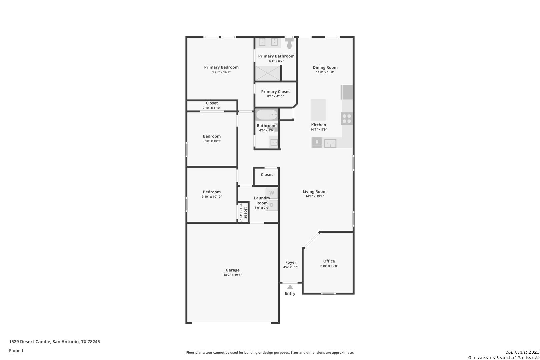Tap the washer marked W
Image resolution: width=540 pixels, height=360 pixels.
[x=272, y=193]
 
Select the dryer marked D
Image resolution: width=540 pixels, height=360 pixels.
[x=272, y=205]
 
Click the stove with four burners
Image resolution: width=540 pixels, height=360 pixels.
[x=347, y=119]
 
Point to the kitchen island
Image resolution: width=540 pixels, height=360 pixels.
[x=318, y=110]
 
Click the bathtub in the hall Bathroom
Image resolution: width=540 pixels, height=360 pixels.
[x=267, y=115]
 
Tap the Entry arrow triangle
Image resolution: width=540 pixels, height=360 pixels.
[x=290, y=287]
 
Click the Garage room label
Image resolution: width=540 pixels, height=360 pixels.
[x=233, y=270]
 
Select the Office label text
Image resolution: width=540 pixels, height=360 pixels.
[x=329, y=261]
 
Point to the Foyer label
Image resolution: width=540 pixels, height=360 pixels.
[x=291, y=262]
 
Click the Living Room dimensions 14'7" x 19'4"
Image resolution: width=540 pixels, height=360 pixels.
[x=315, y=196]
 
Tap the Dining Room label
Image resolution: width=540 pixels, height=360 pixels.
[x=325, y=68]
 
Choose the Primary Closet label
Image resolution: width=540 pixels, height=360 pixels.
[x=276, y=92]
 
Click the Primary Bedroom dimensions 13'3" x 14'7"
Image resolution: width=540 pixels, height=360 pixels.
[x=221, y=72]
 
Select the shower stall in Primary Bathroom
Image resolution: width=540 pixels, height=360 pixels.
[x=268, y=73]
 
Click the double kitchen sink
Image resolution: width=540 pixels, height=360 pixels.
[x=330, y=143]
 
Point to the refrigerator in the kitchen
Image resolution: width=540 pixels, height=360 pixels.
[x=347, y=92]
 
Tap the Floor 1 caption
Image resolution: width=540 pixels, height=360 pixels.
[x=16, y=351]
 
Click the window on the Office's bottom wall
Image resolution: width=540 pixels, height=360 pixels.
[x=328, y=293]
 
